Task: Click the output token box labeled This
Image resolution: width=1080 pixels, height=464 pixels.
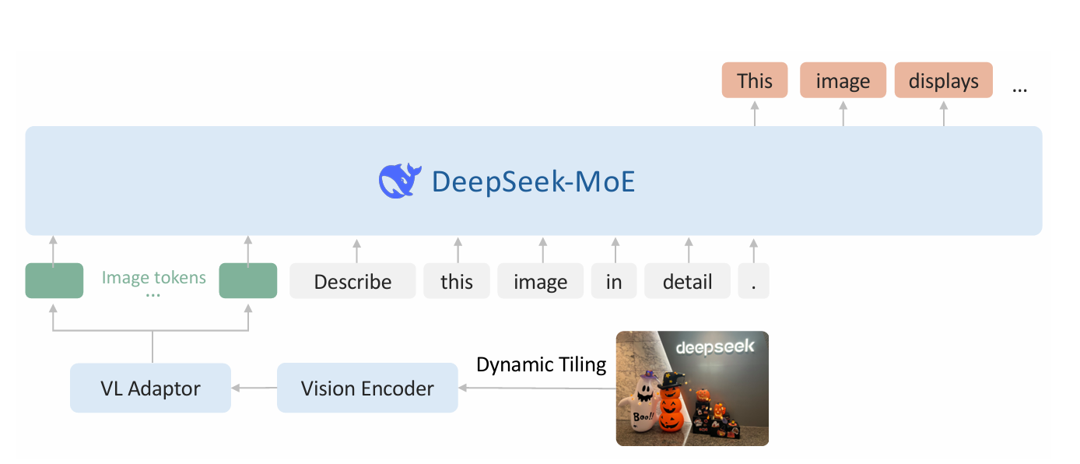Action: pyautogui.click(x=754, y=81)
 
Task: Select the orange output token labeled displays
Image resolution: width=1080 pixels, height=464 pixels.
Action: pyautogui.click(x=943, y=81)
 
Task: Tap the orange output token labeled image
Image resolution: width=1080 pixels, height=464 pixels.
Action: pyautogui.click(x=843, y=81)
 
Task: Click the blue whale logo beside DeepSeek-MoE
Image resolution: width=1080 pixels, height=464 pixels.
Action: pyautogui.click(x=400, y=181)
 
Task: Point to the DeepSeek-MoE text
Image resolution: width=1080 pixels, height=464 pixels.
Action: pyautogui.click(x=533, y=181)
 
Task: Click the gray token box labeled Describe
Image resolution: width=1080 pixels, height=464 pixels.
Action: pyautogui.click(x=352, y=281)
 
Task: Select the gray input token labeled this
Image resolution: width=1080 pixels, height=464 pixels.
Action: pyautogui.click(x=457, y=281)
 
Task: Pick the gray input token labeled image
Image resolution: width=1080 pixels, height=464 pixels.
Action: pyautogui.click(x=541, y=281)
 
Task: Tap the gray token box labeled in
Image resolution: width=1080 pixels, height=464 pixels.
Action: pyautogui.click(x=614, y=281)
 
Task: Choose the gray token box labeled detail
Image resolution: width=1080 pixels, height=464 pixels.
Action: pyautogui.click(x=687, y=281)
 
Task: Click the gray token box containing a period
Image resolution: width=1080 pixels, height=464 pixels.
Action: pyautogui.click(x=753, y=281)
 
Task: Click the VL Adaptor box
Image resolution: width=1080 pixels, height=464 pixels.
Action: pyautogui.click(x=150, y=388)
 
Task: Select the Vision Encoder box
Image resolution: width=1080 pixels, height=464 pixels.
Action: pyautogui.click(x=367, y=388)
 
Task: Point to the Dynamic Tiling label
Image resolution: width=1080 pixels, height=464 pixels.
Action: pyautogui.click(x=541, y=364)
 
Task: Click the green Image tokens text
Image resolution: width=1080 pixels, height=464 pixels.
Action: pyautogui.click(x=154, y=277)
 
